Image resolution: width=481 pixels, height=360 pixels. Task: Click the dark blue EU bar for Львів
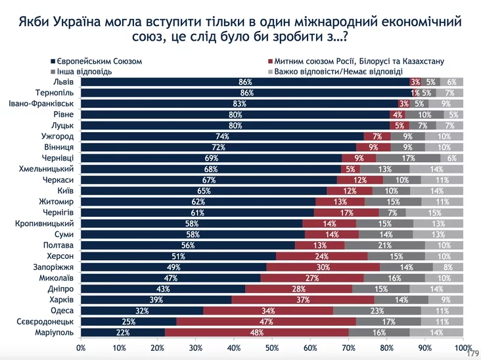[x=244, y=82]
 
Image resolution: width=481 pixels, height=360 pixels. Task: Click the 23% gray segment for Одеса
[x=377, y=311]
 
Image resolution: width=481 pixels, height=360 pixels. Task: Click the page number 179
[x=471, y=353]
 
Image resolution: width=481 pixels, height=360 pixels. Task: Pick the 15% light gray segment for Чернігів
[x=434, y=213]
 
